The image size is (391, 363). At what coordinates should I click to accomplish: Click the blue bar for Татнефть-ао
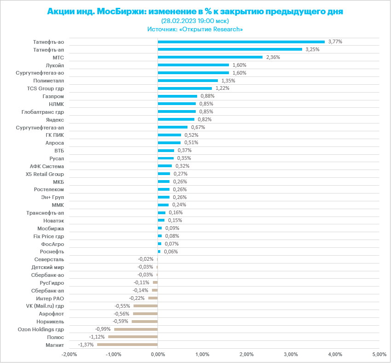click(x=241, y=41)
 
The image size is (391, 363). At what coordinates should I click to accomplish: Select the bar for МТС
click(x=210, y=57)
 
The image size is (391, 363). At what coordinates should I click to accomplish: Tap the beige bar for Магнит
click(x=127, y=345)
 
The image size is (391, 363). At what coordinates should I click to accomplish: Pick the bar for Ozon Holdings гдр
click(x=136, y=329)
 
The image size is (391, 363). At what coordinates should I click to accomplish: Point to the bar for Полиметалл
click(x=187, y=81)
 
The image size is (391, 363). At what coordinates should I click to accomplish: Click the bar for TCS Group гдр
click(x=185, y=88)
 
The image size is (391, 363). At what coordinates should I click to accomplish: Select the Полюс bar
click(x=133, y=337)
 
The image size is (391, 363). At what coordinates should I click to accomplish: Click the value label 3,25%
click(x=312, y=49)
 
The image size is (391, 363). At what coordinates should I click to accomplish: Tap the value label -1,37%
click(x=86, y=345)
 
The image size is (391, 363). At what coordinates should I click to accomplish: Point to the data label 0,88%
click(x=207, y=96)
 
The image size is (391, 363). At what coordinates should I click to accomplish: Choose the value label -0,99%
click(x=103, y=329)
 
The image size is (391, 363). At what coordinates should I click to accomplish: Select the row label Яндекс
click(x=55, y=119)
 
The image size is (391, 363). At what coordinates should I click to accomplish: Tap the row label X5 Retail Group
click(x=45, y=174)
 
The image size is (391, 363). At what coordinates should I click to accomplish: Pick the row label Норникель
click(x=50, y=321)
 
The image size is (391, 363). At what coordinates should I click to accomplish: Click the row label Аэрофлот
click(x=52, y=313)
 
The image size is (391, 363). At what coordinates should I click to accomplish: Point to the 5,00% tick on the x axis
click(x=379, y=354)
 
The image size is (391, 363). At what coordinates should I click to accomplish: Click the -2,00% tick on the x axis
click(x=69, y=354)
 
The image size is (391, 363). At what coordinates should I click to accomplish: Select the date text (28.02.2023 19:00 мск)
click(x=195, y=21)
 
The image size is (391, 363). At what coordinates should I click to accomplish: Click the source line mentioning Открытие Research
click(x=195, y=29)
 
